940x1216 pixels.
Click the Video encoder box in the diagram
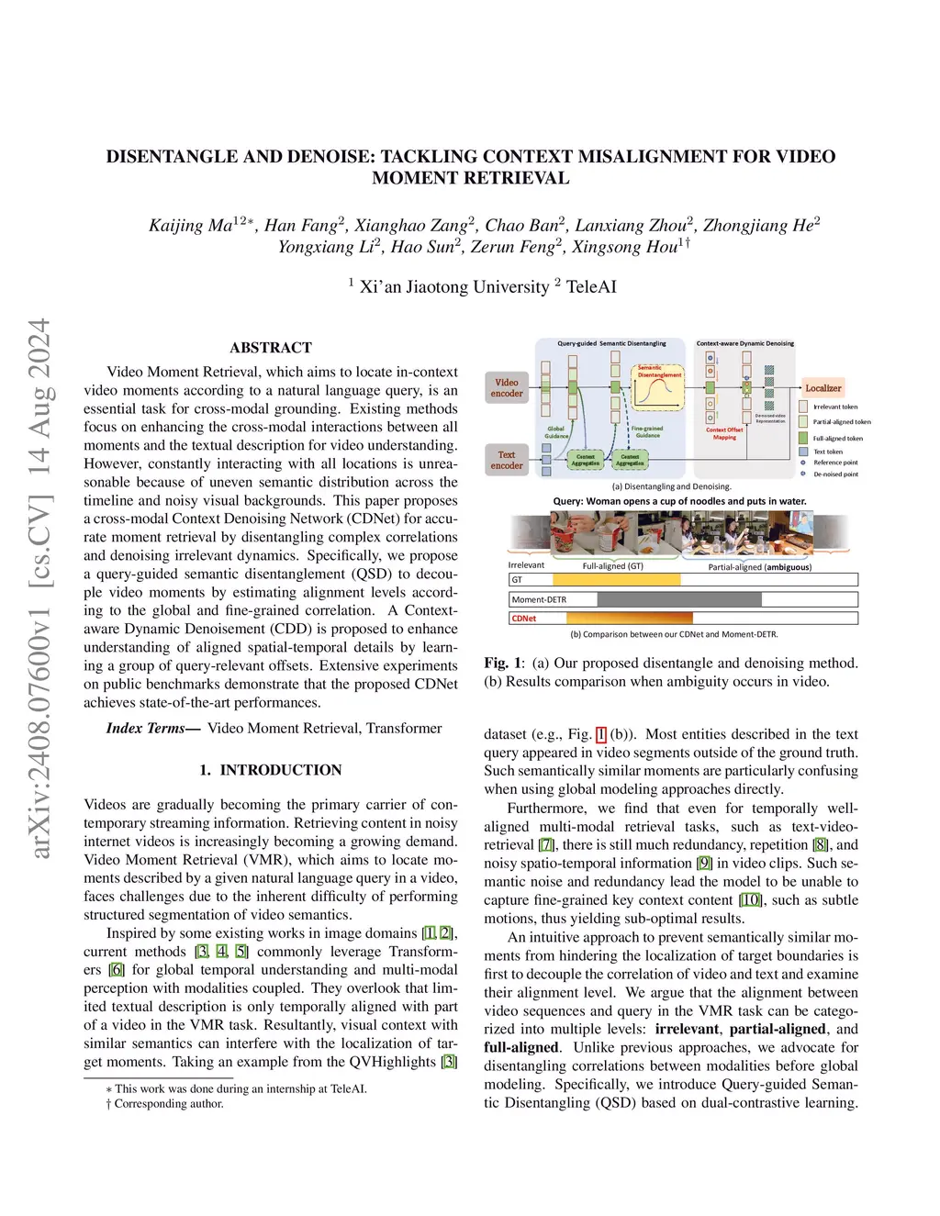507,388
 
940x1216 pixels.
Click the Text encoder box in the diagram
507,460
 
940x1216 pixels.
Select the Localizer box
822,388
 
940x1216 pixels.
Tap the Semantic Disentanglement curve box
660,387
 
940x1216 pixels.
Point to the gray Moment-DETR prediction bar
678,599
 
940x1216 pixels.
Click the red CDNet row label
524,619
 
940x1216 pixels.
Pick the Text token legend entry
827,452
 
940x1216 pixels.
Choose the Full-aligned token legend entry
837,438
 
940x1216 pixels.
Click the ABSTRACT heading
271,348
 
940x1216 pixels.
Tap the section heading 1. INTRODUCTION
271,770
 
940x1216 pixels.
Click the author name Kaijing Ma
191,226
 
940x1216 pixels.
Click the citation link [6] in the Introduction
117,970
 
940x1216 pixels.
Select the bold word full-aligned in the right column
521,1047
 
